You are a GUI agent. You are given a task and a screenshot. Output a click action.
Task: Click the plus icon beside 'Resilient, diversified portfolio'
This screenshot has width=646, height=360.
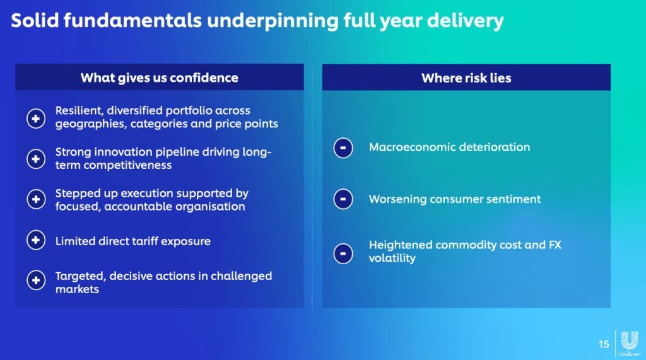tap(36, 119)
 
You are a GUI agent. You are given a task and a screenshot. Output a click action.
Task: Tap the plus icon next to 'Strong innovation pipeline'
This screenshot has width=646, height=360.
tap(36, 159)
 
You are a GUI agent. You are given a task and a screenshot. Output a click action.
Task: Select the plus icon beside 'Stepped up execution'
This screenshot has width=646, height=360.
tap(36, 199)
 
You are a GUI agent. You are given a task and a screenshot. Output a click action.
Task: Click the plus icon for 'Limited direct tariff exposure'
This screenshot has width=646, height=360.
tap(36, 240)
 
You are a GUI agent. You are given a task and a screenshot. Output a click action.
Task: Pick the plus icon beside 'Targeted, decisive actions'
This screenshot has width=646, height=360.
tap(36, 281)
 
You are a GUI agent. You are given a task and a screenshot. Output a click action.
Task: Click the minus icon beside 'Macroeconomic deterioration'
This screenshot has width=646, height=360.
tap(343, 148)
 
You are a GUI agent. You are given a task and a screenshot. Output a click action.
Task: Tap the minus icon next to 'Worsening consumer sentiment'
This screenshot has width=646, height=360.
tap(343, 199)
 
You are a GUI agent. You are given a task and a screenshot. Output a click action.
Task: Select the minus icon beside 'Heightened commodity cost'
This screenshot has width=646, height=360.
tap(343, 253)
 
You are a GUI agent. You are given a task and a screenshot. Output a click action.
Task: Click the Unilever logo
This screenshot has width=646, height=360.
tap(630, 343)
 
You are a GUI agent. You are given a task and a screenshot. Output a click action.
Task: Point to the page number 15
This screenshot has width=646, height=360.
tap(604, 344)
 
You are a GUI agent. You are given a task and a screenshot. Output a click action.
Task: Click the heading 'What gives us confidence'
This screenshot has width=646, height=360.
tap(160, 78)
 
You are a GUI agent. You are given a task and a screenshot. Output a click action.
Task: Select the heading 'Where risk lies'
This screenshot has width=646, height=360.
tap(466, 78)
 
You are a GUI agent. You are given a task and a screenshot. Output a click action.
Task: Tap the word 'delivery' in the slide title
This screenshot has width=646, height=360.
tap(466, 21)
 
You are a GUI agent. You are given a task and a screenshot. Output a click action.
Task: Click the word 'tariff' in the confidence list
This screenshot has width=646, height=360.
tap(146, 241)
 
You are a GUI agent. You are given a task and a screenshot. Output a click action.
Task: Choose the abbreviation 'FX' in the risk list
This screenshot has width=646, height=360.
tap(555, 245)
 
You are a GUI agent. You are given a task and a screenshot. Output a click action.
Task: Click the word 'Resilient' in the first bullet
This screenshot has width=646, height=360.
tap(79, 111)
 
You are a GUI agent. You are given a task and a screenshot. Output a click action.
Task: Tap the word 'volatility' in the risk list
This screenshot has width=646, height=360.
tap(392, 258)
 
